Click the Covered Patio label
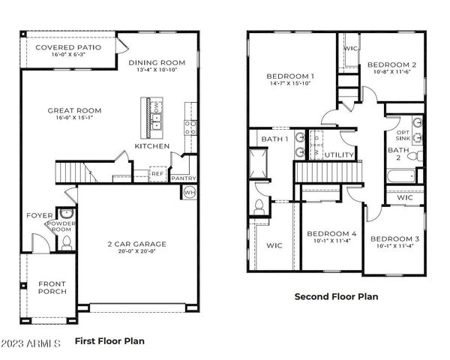coord(68,47)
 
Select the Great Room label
coord(74,111)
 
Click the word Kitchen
coord(151,145)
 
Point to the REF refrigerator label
coord(157,174)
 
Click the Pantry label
coord(183,178)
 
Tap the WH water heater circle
coord(190,192)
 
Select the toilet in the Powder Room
coord(65,241)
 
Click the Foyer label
coord(40,215)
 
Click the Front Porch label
coord(52,287)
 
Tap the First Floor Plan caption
coord(109,340)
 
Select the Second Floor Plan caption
coord(335,296)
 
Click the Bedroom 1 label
coord(290,76)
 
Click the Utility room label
coord(338,155)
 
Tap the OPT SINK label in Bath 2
coord(403,136)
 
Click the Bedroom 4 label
coord(331,235)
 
